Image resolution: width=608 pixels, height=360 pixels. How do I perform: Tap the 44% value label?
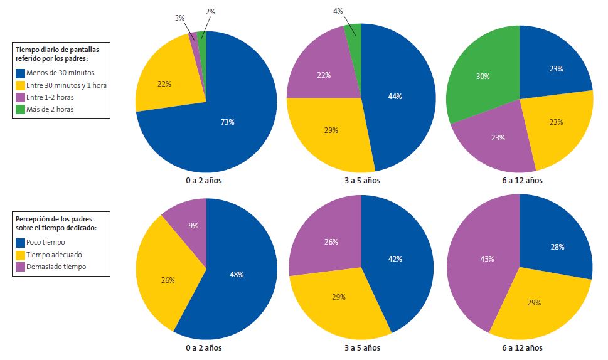point(395,97)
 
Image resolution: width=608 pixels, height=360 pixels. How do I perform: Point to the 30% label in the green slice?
point(483,76)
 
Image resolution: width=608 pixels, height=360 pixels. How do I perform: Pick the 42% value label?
point(394,259)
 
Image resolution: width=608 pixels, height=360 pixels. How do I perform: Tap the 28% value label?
point(556,246)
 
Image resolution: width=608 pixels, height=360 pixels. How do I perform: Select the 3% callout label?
point(179,18)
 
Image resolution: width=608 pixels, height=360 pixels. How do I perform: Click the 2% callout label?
point(210,11)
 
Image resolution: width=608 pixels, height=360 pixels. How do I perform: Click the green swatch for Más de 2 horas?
point(20,109)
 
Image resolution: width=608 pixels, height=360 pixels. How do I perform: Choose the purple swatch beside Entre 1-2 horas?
point(20,97)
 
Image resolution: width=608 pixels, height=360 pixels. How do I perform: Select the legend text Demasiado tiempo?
point(57,267)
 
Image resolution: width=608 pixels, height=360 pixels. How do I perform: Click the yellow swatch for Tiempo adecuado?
point(20,255)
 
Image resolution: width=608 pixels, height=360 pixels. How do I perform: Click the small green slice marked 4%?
point(353,29)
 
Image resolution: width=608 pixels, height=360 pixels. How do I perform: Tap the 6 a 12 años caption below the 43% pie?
point(520,347)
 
